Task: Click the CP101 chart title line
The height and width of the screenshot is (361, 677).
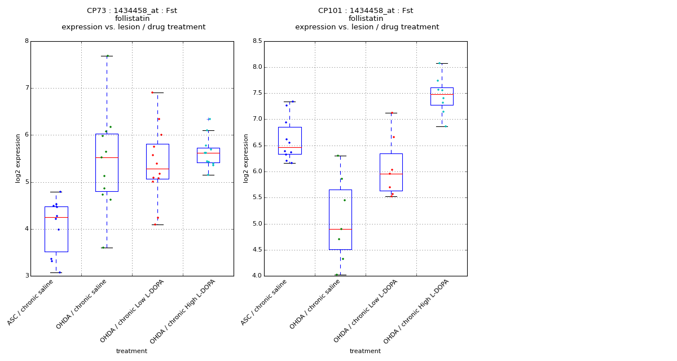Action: coord(366,11)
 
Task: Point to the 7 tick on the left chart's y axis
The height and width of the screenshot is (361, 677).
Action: coord(26,88)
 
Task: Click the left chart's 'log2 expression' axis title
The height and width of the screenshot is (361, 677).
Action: coord(18,158)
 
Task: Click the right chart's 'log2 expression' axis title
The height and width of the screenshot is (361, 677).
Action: coord(246,158)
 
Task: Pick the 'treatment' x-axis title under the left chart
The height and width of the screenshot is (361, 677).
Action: coord(131,351)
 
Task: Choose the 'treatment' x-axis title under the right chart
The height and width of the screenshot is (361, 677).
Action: coord(365,351)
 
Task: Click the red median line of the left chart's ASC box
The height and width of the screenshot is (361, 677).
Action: coord(56,217)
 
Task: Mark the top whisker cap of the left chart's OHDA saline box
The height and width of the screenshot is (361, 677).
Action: coord(107,56)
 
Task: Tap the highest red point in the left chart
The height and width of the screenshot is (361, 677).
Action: coord(152,93)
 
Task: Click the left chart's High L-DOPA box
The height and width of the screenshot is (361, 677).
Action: coord(208,155)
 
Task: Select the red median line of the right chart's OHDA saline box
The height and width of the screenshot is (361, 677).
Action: coord(340,229)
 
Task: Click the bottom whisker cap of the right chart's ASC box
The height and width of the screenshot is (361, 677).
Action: coord(289,163)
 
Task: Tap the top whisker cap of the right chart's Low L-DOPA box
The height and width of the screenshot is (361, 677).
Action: coord(391,113)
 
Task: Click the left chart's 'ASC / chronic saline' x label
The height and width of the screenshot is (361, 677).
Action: coord(38,303)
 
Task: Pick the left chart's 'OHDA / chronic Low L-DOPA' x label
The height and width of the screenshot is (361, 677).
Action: coord(132,311)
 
